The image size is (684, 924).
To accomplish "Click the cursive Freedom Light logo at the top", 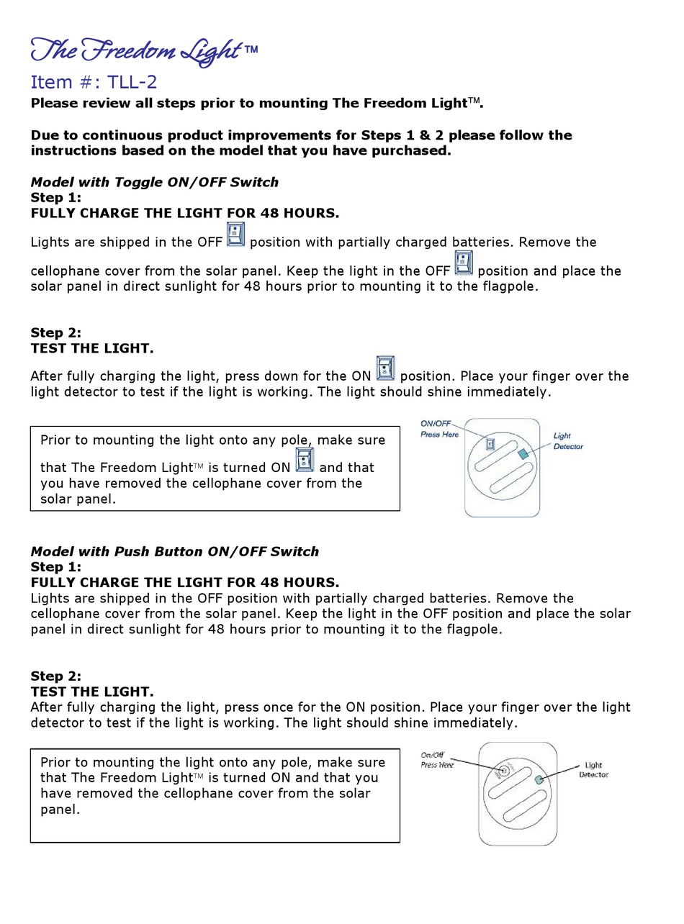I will click(137, 50).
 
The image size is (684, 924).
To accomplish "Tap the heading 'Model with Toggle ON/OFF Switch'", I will click(154, 182).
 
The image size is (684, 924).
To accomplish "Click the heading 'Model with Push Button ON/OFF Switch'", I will click(174, 551).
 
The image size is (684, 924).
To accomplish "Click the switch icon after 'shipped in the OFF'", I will click(236, 235).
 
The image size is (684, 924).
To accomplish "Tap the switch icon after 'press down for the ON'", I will click(386, 368).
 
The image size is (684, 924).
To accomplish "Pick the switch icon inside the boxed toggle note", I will click(305, 460).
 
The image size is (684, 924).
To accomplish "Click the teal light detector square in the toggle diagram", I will click(523, 453).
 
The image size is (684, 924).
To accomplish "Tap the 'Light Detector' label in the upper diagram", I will click(567, 441).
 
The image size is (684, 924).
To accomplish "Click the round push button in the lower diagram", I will click(504, 771).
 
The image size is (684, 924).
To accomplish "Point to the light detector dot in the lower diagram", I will click(539, 779).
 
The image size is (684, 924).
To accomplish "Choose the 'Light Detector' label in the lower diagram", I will click(593, 770).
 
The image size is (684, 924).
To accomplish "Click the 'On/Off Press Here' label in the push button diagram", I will click(437, 760).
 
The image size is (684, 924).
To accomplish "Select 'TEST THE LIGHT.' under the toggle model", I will click(92, 348).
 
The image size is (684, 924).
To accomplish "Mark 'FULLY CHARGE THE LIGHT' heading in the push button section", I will click(184, 582).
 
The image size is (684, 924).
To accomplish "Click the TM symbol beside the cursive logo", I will click(251, 50).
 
